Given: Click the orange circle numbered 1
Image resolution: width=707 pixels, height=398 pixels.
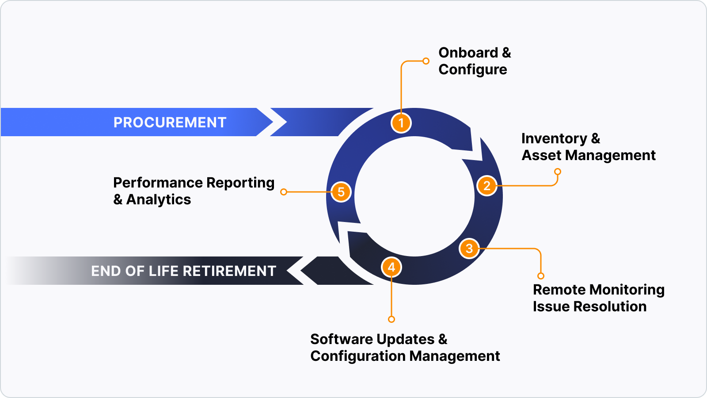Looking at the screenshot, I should click(x=401, y=122).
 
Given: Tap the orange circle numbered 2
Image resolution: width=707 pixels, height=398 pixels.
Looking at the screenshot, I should click(x=487, y=186).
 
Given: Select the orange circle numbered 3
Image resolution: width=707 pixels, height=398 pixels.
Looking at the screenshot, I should click(x=469, y=249).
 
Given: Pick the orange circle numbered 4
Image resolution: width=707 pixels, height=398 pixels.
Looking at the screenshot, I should click(x=392, y=267).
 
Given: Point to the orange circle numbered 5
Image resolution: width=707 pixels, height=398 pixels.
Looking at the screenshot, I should click(x=341, y=192).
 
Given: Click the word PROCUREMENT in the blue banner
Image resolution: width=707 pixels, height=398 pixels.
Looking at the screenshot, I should click(x=170, y=122).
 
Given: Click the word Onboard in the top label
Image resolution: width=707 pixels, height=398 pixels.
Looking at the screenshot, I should click(x=468, y=53).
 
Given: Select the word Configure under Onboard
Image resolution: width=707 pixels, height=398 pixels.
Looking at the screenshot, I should click(x=472, y=69).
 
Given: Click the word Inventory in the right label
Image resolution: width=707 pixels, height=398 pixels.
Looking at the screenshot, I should click(x=554, y=138).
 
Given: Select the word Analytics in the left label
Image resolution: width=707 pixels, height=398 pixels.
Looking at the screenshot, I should click(x=159, y=199).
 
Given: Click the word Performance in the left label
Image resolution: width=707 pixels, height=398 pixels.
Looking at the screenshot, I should click(x=158, y=183).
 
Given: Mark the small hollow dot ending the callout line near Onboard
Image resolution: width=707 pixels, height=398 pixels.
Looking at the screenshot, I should click(x=426, y=61).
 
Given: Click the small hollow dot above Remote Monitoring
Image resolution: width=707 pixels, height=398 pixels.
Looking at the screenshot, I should click(x=541, y=276).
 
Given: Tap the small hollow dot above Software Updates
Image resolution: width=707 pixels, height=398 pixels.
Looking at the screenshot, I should click(x=392, y=319).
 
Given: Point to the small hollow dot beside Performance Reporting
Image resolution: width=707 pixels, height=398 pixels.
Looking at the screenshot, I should click(x=284, y=192).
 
